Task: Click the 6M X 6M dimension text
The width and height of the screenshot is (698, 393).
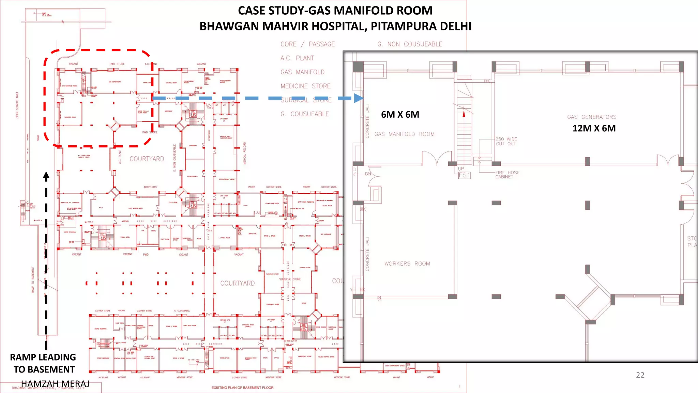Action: click(400, 115)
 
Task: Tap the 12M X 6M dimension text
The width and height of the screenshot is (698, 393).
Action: click(594, 129)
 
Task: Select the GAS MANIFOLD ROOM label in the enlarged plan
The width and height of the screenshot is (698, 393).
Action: click(404, 134)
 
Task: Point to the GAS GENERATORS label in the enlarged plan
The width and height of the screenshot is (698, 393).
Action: click(592, 117)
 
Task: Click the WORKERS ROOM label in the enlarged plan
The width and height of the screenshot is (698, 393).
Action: click(407, 264)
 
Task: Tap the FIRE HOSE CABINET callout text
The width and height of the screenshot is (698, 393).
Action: click(507, 175)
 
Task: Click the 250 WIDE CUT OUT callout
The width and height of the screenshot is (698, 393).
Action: click(506, 142)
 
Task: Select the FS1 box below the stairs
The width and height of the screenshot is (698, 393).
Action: click(464, 175)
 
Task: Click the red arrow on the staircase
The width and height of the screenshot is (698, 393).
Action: click(464, 114)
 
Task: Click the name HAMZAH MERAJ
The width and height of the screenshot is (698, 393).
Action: click(55, 384)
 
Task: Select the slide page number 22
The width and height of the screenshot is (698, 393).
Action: click(640, 375)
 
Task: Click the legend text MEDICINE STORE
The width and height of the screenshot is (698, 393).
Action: click(305, 86)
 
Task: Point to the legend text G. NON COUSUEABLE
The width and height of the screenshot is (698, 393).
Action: click(410, 44)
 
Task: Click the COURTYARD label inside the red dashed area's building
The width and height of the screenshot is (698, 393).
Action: click(147, 159)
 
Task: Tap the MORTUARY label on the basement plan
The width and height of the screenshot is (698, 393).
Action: click(150, 187)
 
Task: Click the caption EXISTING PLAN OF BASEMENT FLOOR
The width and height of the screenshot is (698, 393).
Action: click(242, 388)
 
